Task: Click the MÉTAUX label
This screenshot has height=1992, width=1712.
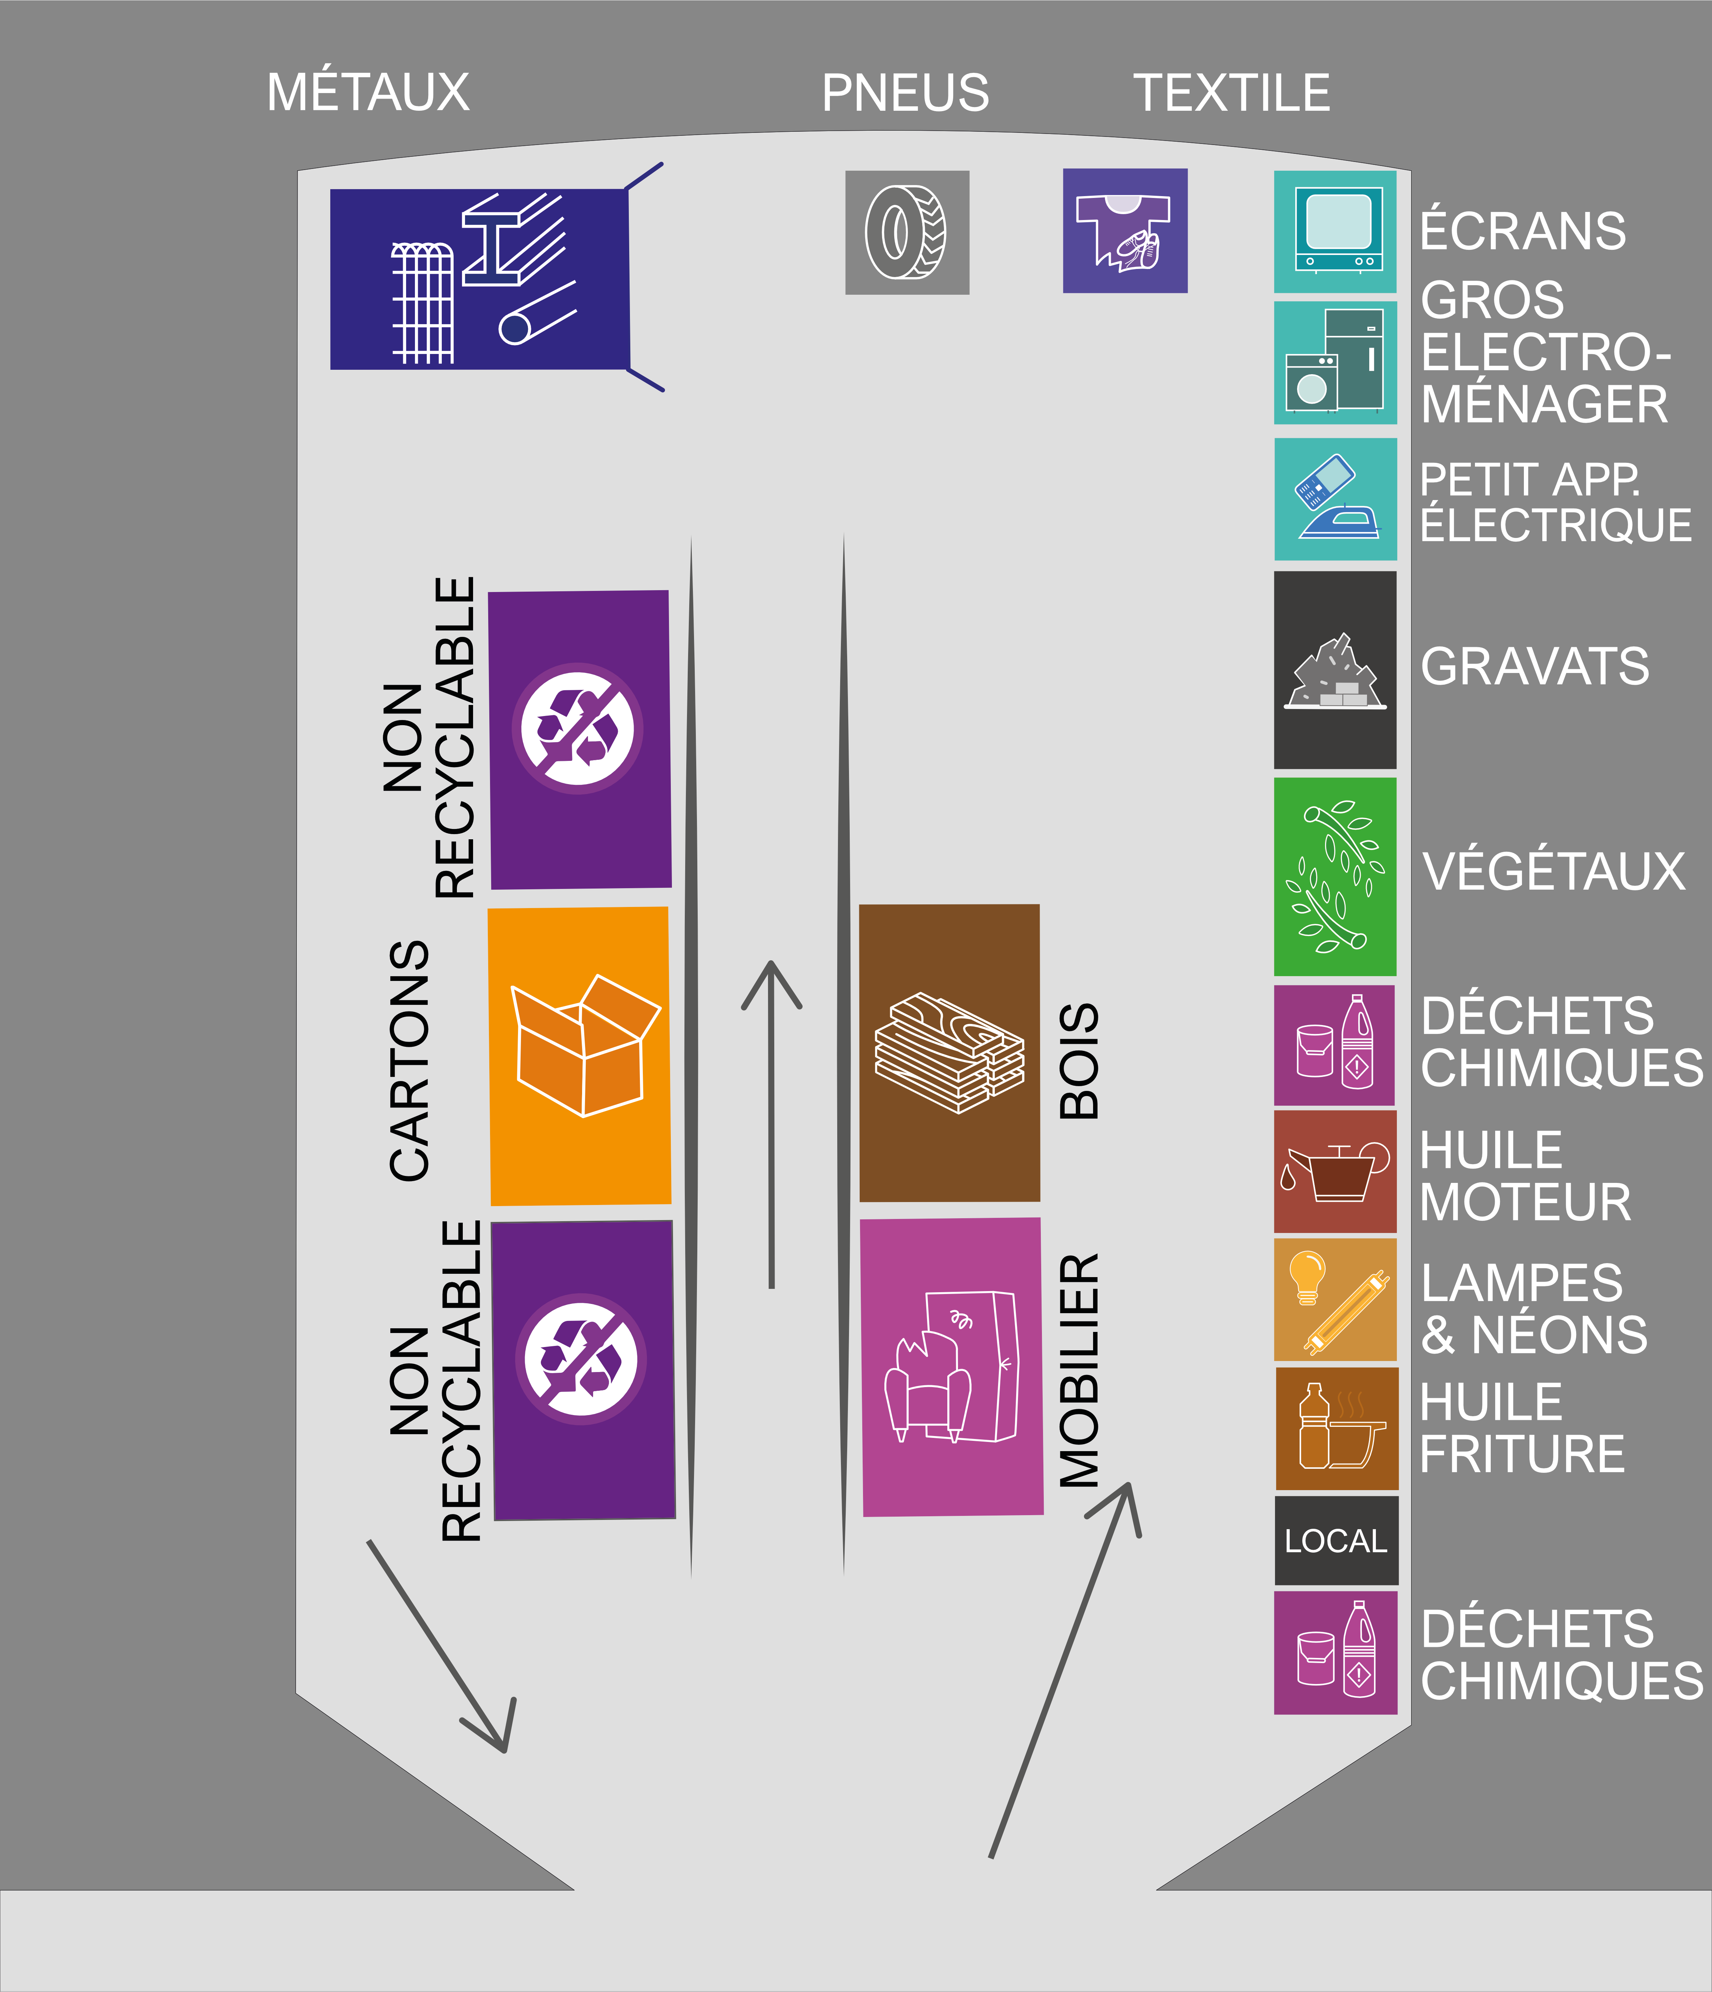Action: point(369,92)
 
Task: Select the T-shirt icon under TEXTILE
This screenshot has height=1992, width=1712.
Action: point(1124,231)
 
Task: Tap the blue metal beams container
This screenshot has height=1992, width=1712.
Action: point(479,279)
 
